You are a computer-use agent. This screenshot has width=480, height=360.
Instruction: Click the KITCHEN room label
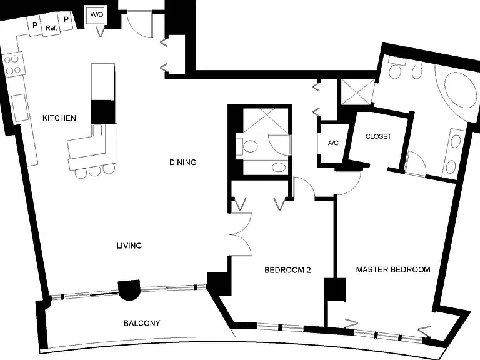tap(59, 118)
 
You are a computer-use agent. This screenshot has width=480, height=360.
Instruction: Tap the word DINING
tap(182, 162)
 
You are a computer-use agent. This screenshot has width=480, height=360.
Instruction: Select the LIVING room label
tap(129, 246)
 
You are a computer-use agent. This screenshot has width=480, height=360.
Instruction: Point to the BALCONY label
tap(142, 323)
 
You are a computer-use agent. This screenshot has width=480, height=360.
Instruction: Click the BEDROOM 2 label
tap(287, 270)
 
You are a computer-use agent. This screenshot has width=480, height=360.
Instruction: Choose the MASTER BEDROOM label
tap(393, 270)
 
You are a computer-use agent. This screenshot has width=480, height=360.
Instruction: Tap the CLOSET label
tap(378, 136)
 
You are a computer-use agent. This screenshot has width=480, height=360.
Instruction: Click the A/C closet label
tap(333, 142)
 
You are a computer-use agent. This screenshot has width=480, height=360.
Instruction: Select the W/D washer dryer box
tap(96, 15)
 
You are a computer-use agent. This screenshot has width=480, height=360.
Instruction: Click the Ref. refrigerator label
tap(51, 28)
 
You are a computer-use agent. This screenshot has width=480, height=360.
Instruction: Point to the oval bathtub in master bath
tap(461, 90)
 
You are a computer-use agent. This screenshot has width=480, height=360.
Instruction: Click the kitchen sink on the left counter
tap(20, 107)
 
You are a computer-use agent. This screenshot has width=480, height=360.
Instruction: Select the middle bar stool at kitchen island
tap(94, 171)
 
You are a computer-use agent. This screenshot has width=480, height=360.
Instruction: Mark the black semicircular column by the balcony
tap(129, 290)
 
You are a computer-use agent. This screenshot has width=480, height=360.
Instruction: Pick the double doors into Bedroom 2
tap(240, 234)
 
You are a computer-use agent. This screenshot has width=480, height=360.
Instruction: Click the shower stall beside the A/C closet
tap(357, 91)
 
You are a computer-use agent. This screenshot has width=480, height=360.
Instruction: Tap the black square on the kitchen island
tap(103, 112)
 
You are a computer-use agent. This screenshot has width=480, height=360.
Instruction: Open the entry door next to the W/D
tap(140, 24)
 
